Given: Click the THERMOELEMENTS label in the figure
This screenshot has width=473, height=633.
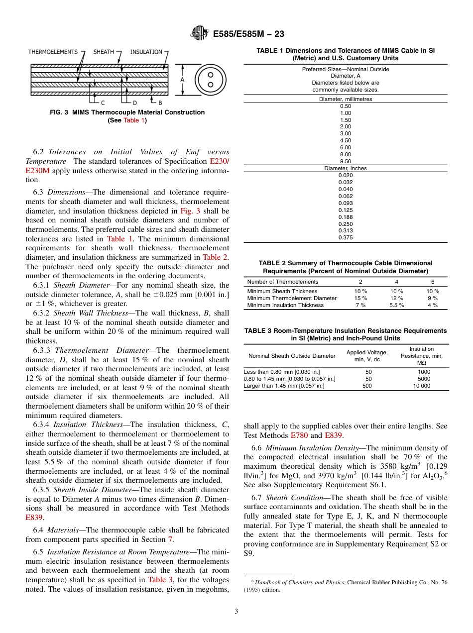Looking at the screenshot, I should [x=53, y=52].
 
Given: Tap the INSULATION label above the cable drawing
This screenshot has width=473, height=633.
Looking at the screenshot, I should [x=146, y=52].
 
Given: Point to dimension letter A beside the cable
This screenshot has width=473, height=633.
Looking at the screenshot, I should [x=182, y=80].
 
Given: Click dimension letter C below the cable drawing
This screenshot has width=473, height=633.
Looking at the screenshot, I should [x=103, y=103].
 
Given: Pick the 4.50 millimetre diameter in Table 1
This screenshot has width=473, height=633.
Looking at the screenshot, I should [x=345, y=140].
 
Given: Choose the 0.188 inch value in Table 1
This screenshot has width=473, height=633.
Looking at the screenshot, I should [x=345, y=216].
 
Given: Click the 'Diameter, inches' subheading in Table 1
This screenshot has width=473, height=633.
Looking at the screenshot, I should [x=345, y=168].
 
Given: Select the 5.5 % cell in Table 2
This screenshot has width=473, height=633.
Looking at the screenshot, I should [x=396, y=305].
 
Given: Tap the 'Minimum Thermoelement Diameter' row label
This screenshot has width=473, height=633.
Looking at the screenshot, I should [x=292, y=298].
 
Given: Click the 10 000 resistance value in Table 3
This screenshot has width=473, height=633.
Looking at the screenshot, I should [x=421, y=386].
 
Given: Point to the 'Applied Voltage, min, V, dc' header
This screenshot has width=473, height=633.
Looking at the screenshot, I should [x=367, y=356].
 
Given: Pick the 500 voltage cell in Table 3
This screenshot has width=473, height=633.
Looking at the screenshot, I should [x=367, y=386].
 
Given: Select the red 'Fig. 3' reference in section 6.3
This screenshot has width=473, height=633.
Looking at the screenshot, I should [x=190, y=211].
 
